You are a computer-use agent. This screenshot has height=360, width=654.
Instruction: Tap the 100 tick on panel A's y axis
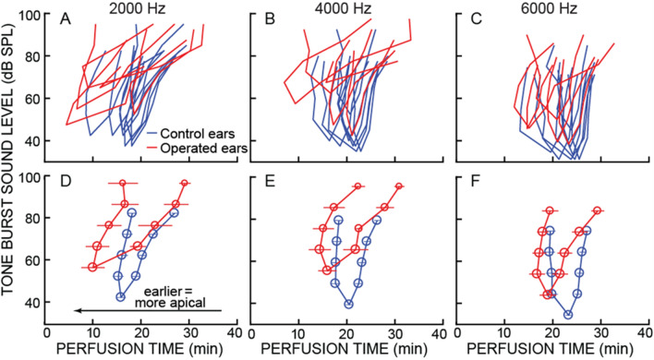click(34, 16)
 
